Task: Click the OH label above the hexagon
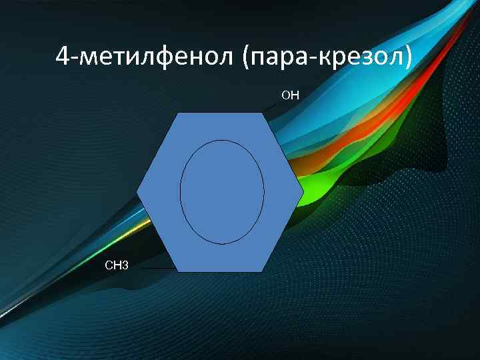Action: (x=291, y=95)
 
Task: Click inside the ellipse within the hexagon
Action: (x=222, y=192)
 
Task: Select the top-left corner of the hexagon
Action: (x=177, y=113)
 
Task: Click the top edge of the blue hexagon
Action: (x=219, y=113)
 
